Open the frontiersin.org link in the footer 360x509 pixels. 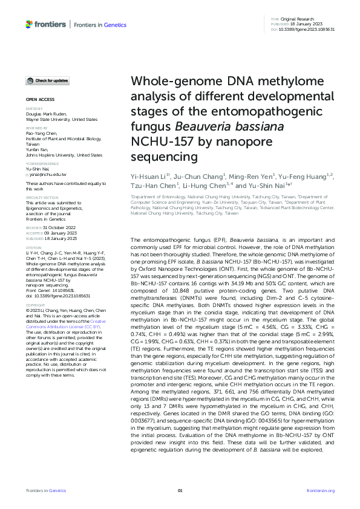tap(321, 490)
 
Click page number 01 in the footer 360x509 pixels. tap(180, 490)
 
